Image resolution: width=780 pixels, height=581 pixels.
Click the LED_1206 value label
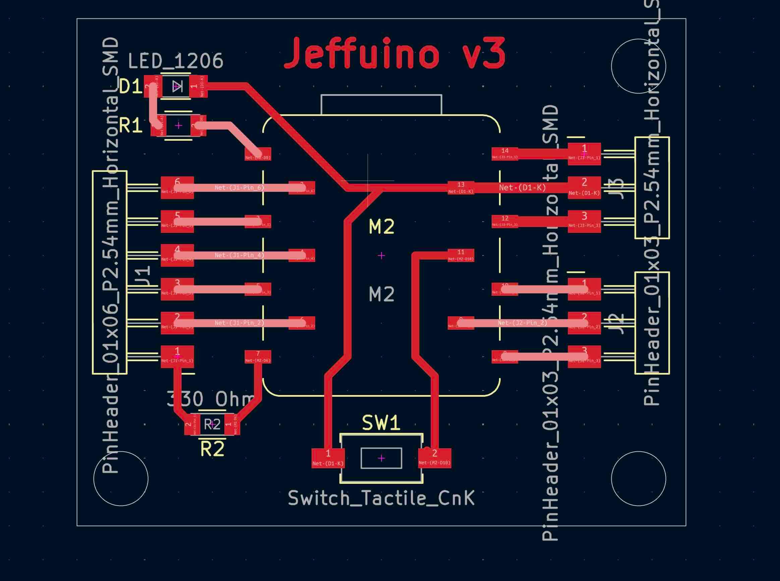click(175, 61)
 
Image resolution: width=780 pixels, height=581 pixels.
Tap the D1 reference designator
click(130, 86)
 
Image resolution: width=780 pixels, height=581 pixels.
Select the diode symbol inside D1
click(177, 86)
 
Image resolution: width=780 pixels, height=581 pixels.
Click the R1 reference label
click(130, 126)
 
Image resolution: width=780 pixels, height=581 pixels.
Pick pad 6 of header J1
click(177, 187)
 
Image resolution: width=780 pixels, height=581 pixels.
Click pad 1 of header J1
click(177, 357)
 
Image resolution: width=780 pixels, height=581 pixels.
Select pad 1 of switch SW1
click(328, 458)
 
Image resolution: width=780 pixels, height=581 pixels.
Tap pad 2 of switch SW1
click(434, 458)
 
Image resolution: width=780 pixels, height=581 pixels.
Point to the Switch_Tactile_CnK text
click(381, 498)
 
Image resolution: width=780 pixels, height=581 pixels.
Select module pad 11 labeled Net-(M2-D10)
click(461, 255)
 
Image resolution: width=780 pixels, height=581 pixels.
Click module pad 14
click(504, 154)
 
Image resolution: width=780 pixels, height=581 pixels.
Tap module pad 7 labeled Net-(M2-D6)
click(258, 357)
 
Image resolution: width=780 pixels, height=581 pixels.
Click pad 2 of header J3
click(584, 187)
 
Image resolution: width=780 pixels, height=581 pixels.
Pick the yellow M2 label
click(382, 227)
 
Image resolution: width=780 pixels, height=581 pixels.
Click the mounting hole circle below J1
click(121, 478)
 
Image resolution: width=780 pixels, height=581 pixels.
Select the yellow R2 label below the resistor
click(212, 449)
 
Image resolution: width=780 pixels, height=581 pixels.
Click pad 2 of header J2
click(584, 323)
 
